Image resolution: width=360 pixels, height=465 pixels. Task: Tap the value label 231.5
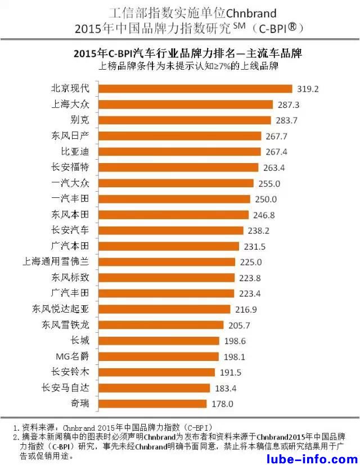(255, 246)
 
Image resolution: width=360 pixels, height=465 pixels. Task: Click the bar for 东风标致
(168, 278)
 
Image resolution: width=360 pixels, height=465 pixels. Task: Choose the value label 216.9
(246, 309)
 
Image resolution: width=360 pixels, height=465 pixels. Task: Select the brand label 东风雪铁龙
(65, 325)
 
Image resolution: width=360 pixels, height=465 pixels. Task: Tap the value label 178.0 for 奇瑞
(222, 404)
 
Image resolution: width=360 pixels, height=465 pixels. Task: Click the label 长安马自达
(65, 388)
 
